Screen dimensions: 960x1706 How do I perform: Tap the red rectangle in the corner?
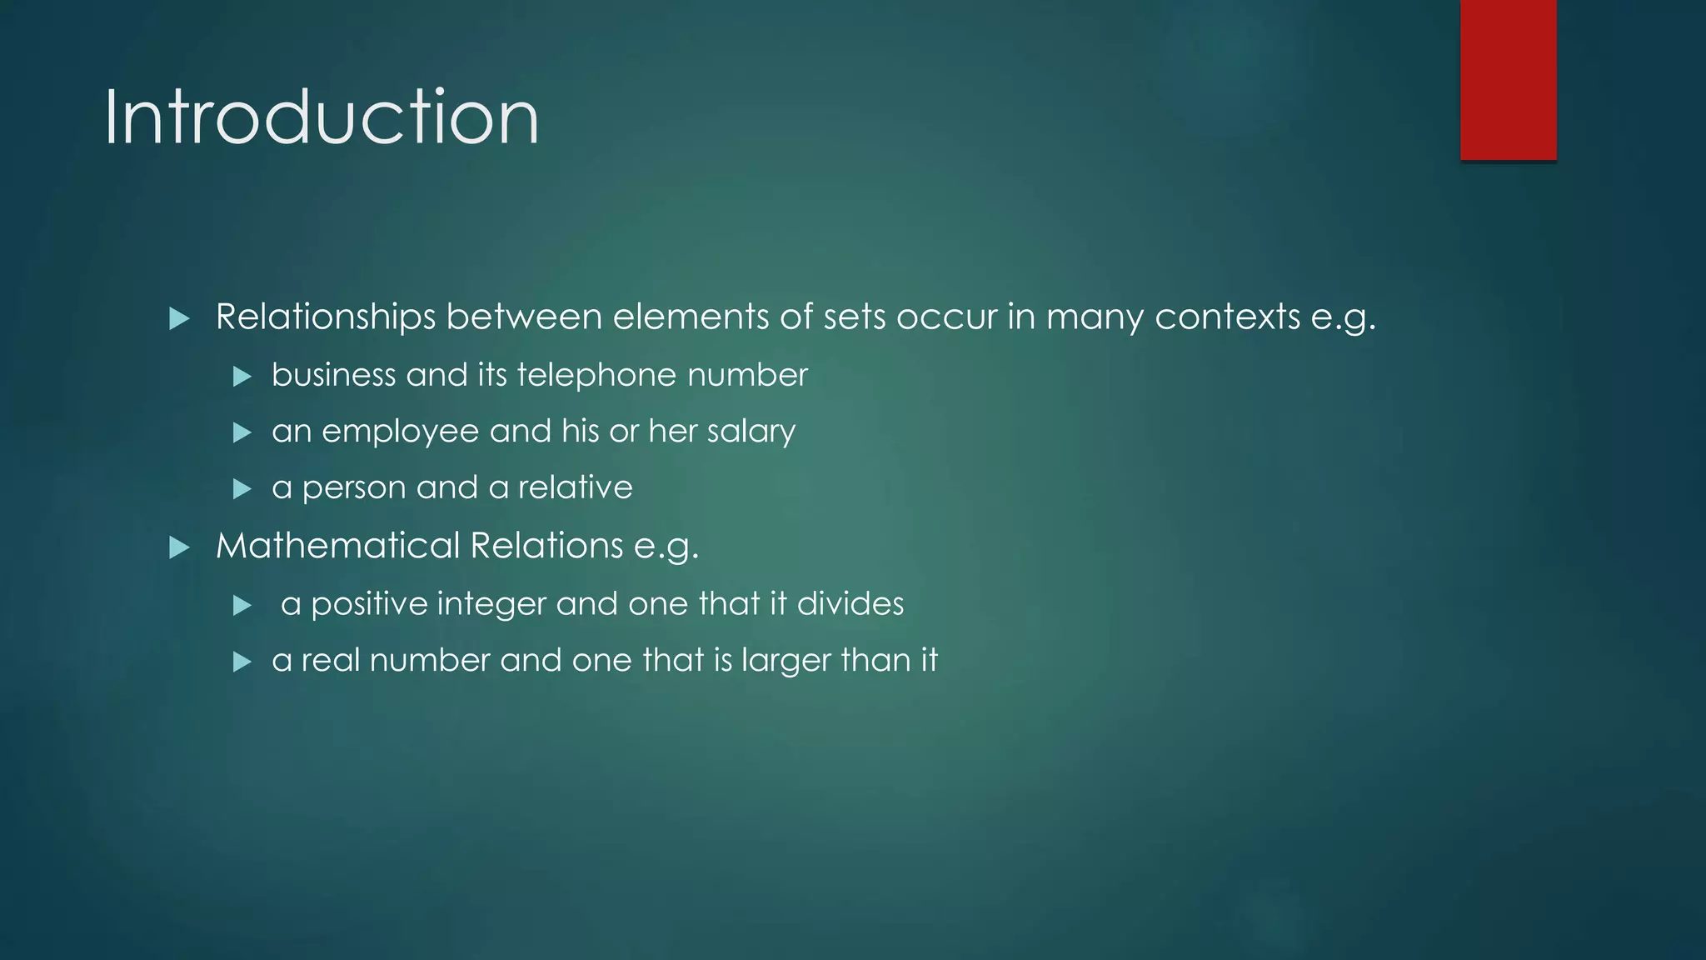pos(1508,80)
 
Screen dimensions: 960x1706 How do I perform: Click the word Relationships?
pos(326,317)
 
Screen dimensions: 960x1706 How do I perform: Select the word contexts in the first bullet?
pos(1227,317)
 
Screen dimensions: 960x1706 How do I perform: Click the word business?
pos(333,375)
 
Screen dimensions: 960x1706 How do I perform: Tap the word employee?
pos(401,432)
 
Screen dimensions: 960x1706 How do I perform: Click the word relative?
pos(575,487)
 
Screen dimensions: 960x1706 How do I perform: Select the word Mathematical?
pos(337,546)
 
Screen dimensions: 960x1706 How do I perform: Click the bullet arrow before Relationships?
pos(179,318)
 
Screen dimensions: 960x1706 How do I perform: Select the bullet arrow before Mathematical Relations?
pos(179,547)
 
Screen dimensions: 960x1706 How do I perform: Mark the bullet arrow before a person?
pos(242,488)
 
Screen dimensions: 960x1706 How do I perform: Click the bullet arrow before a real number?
pos(242,662)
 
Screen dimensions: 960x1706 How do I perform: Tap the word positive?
pos(368,604)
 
